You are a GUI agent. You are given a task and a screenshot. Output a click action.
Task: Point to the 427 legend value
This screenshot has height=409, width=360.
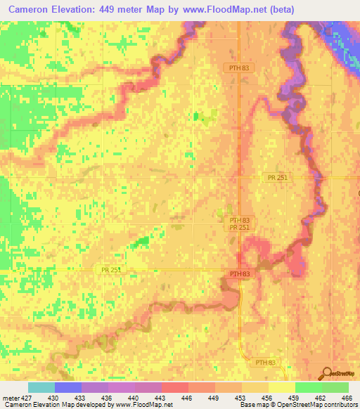[x=25, y=398]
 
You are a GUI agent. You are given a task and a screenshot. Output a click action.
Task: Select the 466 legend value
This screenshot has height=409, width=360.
[x=347, y=398]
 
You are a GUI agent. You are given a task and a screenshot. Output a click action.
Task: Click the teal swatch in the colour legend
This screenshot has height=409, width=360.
[x=41, y=387]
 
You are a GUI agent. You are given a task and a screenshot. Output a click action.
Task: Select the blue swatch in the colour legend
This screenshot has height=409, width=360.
[x=68, y=387]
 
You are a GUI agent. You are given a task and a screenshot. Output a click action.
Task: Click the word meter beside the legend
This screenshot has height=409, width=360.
[x=9, y=398]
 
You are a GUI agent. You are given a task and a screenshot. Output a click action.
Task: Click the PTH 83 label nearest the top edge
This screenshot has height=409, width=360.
[x=239, y=67]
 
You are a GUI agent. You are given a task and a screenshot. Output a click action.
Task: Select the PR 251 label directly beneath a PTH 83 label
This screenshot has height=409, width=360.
[x=239, y=228]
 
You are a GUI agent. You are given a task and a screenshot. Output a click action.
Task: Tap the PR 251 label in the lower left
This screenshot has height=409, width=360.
[x=105, y=271]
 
